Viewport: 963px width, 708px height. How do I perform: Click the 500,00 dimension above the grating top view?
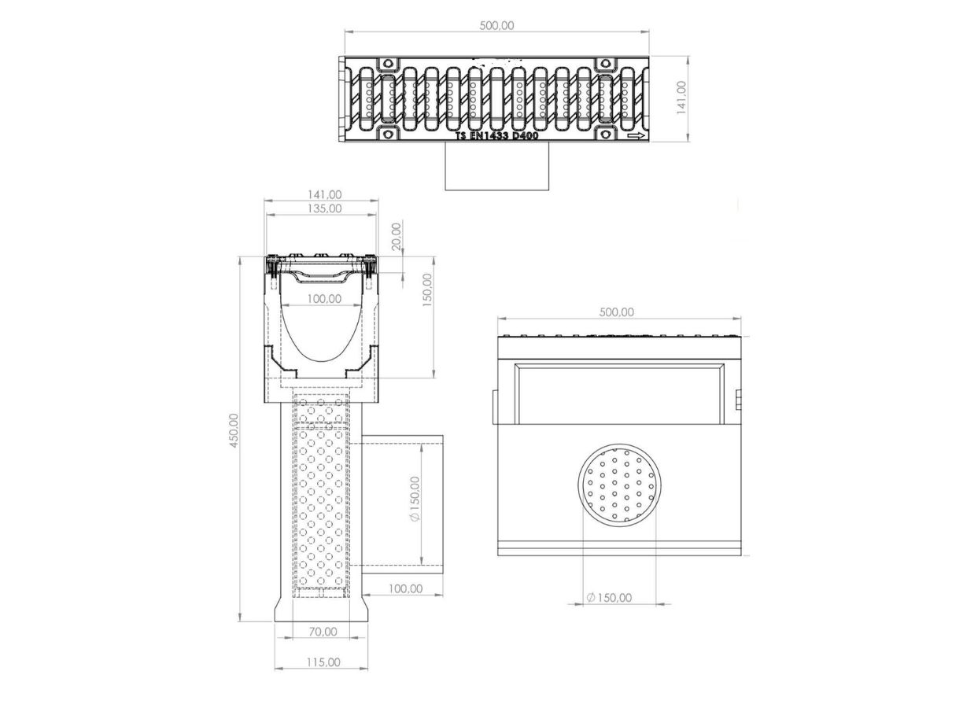pos(496,26)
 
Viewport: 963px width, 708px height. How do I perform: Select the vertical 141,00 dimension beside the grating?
pos(681,98)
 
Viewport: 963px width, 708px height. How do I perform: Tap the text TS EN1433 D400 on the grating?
pos(496,136)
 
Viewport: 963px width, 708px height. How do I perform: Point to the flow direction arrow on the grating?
pos(636,136)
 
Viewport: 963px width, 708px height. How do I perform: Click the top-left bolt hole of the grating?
pos(387,64)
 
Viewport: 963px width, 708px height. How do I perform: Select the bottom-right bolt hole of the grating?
pos(605,135)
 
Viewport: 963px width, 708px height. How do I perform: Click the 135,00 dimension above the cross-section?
pos(325,209)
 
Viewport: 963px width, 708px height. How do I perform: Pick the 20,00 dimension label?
pos(397,237)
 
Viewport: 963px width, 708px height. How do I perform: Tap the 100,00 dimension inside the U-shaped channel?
pos(325,299)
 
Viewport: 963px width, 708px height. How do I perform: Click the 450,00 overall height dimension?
pos(234,431)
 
